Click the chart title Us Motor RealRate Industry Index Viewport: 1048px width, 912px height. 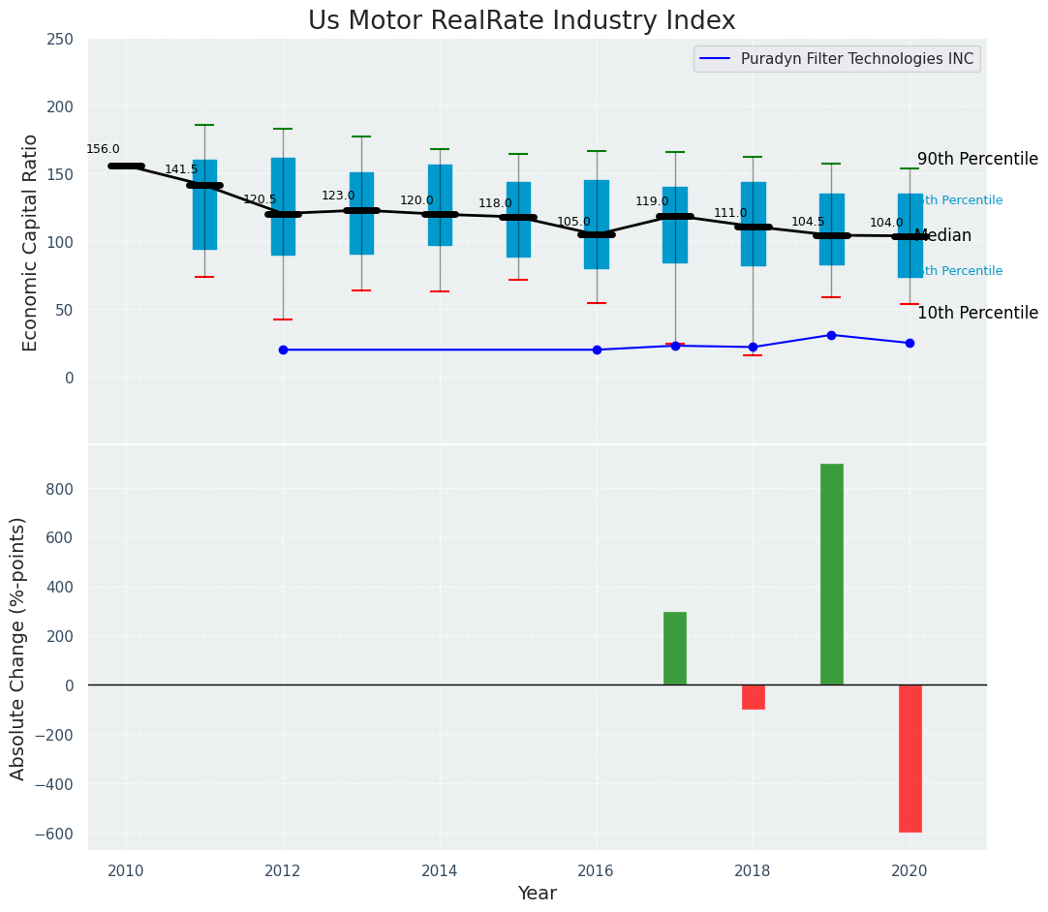pos(521,21)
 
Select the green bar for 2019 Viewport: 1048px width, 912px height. pos(831,574)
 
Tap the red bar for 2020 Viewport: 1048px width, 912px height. pos(909,758)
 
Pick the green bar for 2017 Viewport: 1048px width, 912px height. pos(675,648)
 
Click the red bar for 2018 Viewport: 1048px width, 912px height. pos(753,697)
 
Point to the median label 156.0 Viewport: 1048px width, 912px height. pos(103,149)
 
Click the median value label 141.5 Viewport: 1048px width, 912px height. pos(181,169)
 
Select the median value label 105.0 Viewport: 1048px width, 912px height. pos(573,222)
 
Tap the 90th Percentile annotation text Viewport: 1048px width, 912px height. pos(976,160)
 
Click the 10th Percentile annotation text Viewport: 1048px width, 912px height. pos(976,313)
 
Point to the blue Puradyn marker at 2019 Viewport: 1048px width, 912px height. pos(831,335)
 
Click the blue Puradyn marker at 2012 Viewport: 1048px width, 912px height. pos(283,350)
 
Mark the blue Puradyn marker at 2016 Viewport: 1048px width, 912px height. pos(597,350)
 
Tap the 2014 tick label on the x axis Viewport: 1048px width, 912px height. pos(440,870)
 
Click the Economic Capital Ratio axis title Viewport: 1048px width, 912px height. pos(30,242)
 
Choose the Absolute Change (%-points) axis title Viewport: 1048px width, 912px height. pos(18,648)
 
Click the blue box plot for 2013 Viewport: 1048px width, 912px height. pos(361,213)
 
